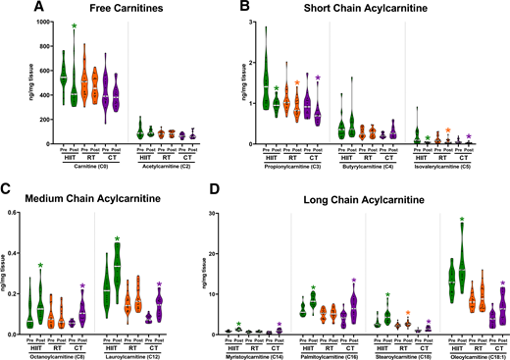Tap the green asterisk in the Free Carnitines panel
(75, 26)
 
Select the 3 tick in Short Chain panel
(252, 22)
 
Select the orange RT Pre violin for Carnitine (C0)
(84, 78)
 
